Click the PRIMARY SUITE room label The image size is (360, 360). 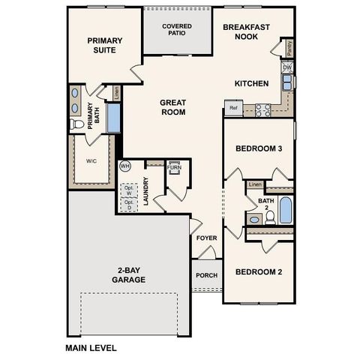pos(104,46)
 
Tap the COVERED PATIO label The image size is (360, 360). pos(178,30)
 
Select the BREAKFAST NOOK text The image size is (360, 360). pos(247,31)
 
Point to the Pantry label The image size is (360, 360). pos(289,49)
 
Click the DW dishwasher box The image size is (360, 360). pos(287,67)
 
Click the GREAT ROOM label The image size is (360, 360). pos(172,106)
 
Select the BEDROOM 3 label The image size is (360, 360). pos(259,148)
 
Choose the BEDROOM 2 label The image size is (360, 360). pos(259,271)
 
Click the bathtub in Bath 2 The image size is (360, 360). pos(286,210)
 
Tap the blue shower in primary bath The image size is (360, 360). pos(114,118)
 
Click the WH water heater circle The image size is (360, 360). pos(125,166)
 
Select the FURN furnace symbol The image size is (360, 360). pos(174,167)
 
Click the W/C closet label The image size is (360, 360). pos(91,161)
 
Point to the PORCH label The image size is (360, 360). pos(207,275)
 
